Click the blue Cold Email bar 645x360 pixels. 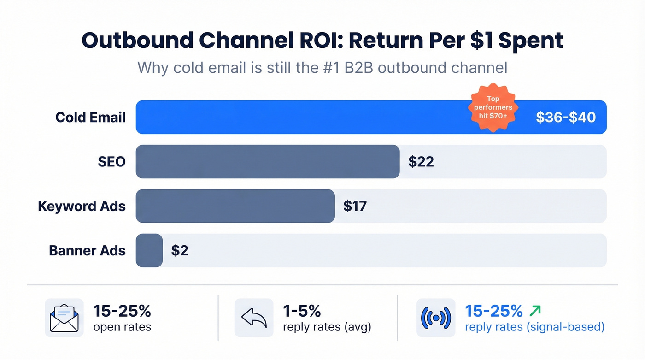299,117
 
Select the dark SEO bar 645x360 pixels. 267,161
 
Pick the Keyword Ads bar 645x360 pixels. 235,206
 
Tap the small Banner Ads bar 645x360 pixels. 149,250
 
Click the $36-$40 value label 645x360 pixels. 566,117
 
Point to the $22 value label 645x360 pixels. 421,161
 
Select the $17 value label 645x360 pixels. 355,206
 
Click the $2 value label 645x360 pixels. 180,250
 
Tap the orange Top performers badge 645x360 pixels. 493,107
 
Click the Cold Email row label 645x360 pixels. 90,117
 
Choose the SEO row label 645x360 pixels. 112,161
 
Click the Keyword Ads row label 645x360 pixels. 82,206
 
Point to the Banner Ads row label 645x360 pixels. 87,250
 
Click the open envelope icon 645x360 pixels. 64,318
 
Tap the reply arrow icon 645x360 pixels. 254,318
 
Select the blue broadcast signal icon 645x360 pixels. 436,318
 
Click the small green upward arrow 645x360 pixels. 535,311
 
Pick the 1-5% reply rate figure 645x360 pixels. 302,311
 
